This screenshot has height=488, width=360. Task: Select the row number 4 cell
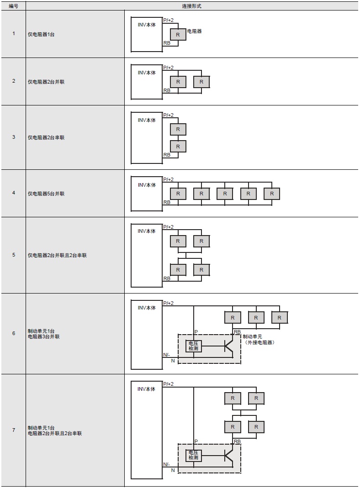tap(13, 193)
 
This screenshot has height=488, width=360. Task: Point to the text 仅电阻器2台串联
tap(46, 137)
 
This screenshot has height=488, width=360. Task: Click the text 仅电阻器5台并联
tap(46, 194)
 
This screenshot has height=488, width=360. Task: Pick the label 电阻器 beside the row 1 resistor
tap(195, 31)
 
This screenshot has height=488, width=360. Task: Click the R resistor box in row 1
tap(178, 35)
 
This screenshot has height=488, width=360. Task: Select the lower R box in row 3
tap(178, 147)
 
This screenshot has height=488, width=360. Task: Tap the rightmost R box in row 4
tap(272, 194)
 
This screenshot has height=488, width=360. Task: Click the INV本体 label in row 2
tap(147, 73)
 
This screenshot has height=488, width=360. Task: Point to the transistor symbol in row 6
tap(228, 346)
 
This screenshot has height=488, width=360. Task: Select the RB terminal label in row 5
tap(167, 278)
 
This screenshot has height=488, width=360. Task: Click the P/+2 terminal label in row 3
tap(169, 115)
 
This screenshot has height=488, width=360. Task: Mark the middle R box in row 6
tap(256, 318)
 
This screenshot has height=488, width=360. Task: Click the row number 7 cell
tap(13, 430)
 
